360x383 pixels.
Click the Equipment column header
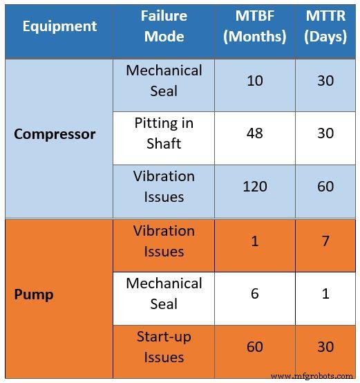click(x=59, y=26)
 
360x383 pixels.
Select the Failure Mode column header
click(x=164, y=26)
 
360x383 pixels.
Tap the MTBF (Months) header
click(x=254, y=26)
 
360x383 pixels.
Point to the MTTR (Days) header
click(x=325, y=26)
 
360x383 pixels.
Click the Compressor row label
click(x=55, y=134)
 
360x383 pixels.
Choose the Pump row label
click(x=34, y=295)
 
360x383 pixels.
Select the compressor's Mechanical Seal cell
click(x=164, y=81)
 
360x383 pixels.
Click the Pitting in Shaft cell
click(x=164, y=133)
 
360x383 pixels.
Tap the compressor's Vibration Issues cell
click(x=164, y=187)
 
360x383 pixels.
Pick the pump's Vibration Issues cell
click(x=164, y=241)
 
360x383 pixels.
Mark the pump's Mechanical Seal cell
click(x=164, y=294)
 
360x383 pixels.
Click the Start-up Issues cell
click(x=164, y=347)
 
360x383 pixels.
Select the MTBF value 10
click(x=254, y=81)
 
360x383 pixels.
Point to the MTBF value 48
click(x=254, y=133)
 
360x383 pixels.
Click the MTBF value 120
click(x=254, y=187)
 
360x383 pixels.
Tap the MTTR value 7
click(x=325, y=241)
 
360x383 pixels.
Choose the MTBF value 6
click(x=254, y=294)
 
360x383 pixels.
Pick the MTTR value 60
click(x=325, y=187)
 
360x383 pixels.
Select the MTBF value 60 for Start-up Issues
click(x=254, y=347)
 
